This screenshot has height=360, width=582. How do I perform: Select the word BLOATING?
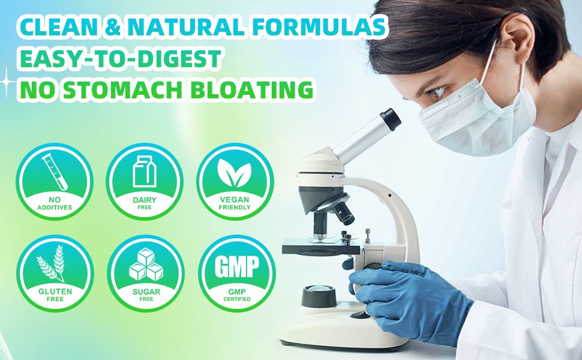[x=251, y=89]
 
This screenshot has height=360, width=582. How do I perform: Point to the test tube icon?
[x=55, y=172]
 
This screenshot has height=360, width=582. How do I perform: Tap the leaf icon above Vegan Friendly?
[x=235, y=173]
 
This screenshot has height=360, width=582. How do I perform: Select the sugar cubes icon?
[x=146, y=264]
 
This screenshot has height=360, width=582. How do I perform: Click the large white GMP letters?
[x=237, y=266]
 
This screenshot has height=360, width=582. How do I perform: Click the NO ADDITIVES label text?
[x=55, y=204]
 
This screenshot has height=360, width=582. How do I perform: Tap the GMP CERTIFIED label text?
[x=237, y=295]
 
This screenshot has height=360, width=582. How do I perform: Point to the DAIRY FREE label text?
[x=145, y=203]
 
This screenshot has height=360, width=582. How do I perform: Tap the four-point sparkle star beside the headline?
[x=7, y=82]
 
